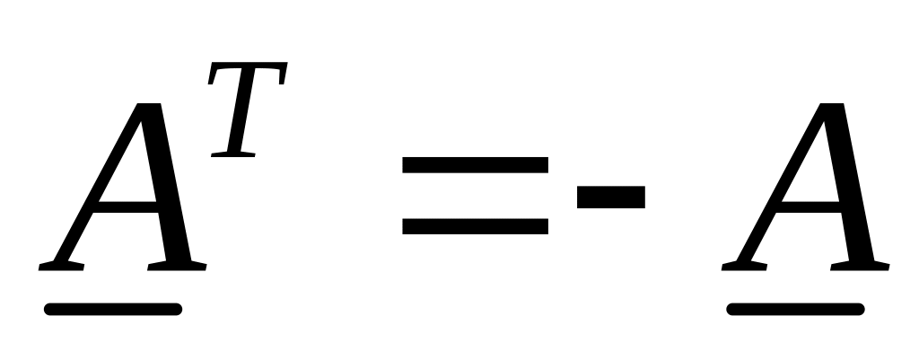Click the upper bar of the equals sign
475,165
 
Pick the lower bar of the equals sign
475,225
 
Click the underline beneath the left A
113,310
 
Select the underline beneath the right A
795,310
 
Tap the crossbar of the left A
126,202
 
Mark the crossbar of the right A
808,202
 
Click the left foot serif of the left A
61,266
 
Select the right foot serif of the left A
177,266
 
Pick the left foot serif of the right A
744,266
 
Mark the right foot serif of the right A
860,266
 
